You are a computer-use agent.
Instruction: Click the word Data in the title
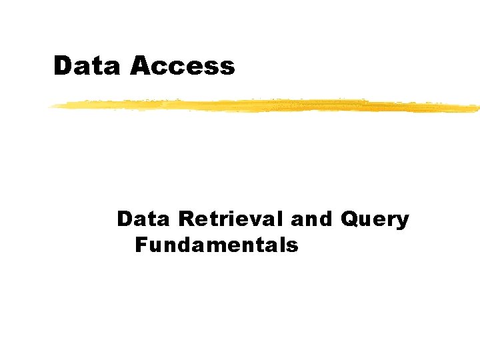click(x=88, y=66)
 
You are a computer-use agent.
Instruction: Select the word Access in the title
click(x=183, y=66)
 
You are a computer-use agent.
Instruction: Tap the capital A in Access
click(x=141, y=66)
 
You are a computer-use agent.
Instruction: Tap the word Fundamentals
click(x=217, y=245)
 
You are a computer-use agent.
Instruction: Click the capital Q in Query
click(x=350, y=220)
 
